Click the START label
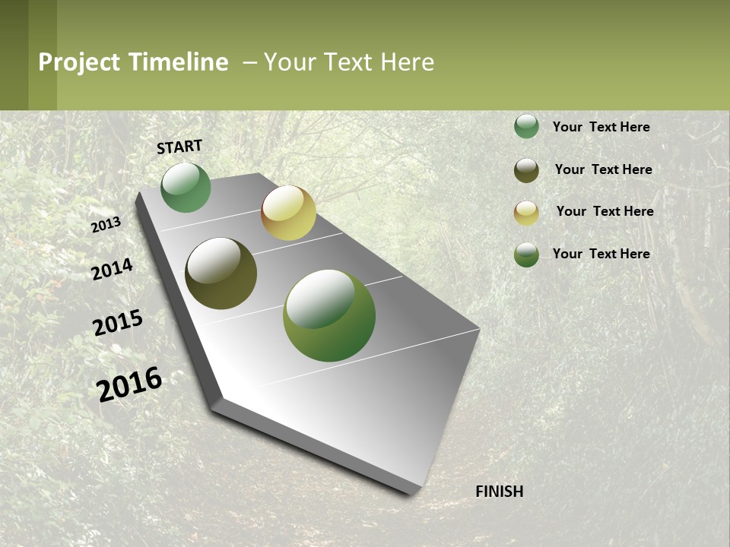click(179, 147)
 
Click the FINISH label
click(500, 492)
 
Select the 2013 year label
click(106, 225)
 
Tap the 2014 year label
click(113, 270)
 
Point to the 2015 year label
click(118, 323)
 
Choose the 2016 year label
click(130, 384)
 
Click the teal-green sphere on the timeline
click(186, 188)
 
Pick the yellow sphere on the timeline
click(288, 213)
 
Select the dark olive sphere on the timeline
click(221, 273)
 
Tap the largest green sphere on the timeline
click(329, 315)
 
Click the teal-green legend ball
click(526, 127)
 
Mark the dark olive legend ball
click(526, 170)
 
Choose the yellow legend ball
click(526, 213)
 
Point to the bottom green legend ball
click(526, 255)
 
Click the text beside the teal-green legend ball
click(601, 127)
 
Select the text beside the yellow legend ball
click(605, 211)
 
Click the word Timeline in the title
click(178, 62)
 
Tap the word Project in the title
click(78, 62)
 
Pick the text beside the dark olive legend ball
click(603, 169)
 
